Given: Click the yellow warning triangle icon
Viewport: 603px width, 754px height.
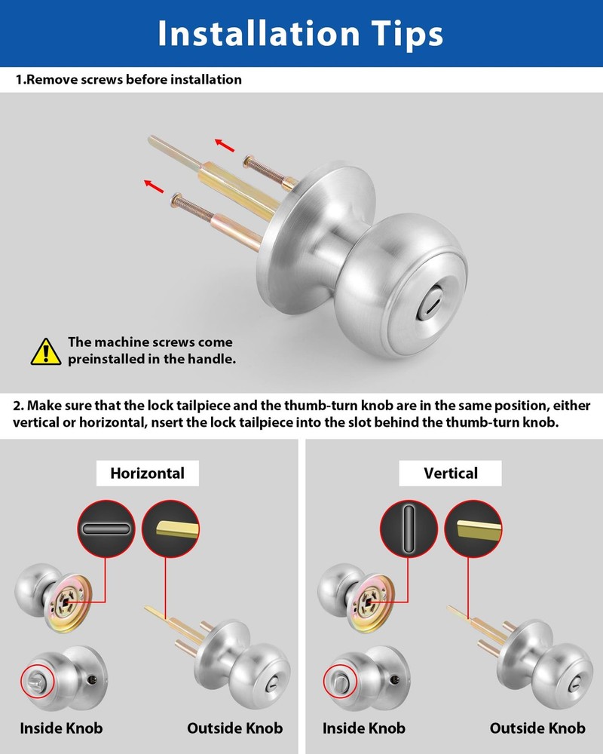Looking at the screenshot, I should [x=46, y=351].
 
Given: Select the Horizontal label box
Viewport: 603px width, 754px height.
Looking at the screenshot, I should [x=147, y=474].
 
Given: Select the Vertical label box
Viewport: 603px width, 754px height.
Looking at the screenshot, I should [x=450, y=474].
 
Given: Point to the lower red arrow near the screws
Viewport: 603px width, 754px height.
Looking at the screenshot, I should [x=154, y=184].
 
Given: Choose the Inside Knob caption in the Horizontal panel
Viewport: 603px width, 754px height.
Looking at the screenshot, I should [x=61, y=728].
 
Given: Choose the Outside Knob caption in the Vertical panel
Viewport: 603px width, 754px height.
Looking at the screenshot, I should [x=537, y=728].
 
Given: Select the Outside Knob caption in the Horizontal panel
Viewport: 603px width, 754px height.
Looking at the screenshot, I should [x=234, y=728].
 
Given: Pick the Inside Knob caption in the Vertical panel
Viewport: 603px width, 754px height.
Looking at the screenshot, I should [x=364, y=728].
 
